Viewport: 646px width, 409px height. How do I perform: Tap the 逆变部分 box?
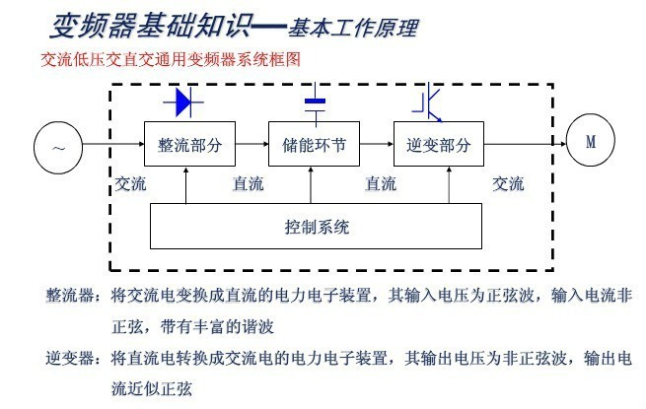pos(439,144)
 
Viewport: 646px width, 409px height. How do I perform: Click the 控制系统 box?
pos(316,227)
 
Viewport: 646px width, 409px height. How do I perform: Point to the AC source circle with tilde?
pos(59,147)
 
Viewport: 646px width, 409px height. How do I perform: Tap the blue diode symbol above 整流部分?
pos(187,101)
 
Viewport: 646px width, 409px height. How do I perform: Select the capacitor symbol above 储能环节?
pos(315,103)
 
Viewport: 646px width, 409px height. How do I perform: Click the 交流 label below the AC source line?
pos(131,183)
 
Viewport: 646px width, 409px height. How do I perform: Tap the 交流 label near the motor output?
pos(508,183)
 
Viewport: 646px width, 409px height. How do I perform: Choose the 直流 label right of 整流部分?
pos(248,183)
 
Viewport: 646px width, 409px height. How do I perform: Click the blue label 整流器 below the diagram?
pos(70,295)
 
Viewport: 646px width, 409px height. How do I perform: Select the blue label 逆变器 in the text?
pos(70,357)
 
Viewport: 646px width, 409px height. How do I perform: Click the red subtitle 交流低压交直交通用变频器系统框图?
pos(170,60)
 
